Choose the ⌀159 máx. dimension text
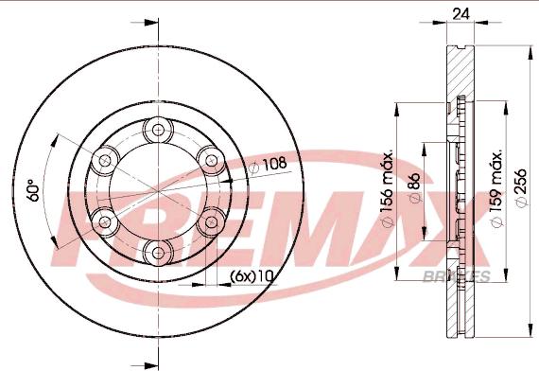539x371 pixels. pyautogui.click(x=496, y=189)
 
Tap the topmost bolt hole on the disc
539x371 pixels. pyautogui.click(x=155, y=129)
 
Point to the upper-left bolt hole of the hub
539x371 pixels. pyautogui.click(x=103, y=159)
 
